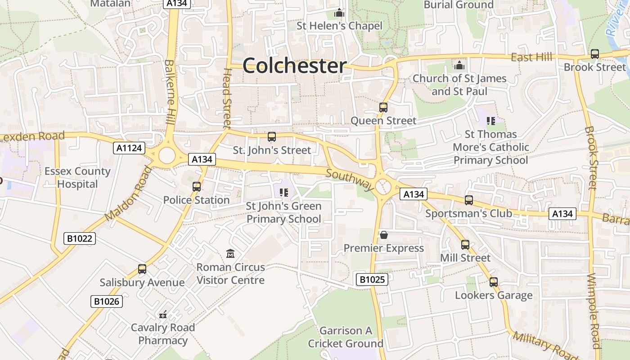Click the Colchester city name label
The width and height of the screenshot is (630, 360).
tap(295, 66)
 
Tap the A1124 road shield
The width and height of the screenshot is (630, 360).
tap(129, 148)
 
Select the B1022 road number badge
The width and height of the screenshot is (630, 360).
tap(80, 238)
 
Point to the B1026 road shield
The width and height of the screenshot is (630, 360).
tap(107, 301)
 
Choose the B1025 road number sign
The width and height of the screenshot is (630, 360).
tap(372, 279)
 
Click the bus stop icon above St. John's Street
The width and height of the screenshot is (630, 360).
tap(272, 137)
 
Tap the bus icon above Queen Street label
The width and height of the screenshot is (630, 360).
tap(383, 108)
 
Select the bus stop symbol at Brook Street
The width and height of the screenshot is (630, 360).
tap(595, 54)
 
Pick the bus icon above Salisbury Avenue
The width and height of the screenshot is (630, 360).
tap(142, 269)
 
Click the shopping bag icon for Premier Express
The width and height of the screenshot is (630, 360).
tap(384, 235)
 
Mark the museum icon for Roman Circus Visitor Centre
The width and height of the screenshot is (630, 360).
tap(230, 254)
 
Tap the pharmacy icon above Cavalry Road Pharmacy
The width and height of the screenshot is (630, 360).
tap(163, 315)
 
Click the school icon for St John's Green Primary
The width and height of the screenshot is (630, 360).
tap(283, 193)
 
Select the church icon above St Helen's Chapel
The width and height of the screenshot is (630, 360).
tap(339, 13)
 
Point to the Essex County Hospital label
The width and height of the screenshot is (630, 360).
tap(77, 178)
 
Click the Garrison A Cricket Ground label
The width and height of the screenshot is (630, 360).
tap(346, 337)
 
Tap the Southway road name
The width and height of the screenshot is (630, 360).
tap(350, 180)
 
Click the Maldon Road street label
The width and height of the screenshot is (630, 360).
tap(129, 193)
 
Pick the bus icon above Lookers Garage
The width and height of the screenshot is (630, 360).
tap(494, 282)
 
